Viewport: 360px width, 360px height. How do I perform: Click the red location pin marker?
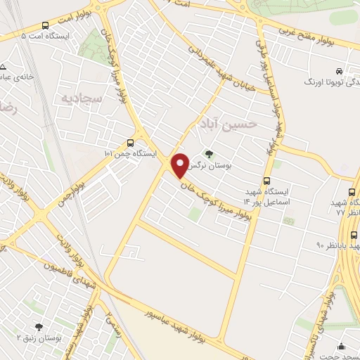180,165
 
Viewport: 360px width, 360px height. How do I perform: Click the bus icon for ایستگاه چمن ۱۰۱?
129,141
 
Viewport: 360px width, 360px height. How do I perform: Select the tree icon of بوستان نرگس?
208,154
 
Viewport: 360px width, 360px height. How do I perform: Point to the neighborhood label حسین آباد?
226,125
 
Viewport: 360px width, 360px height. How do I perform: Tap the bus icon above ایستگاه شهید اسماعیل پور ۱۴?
267,181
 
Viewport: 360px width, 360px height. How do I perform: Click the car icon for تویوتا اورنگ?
339,71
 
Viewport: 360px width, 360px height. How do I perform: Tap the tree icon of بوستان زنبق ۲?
38,326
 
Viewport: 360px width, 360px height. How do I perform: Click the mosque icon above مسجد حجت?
342,346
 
